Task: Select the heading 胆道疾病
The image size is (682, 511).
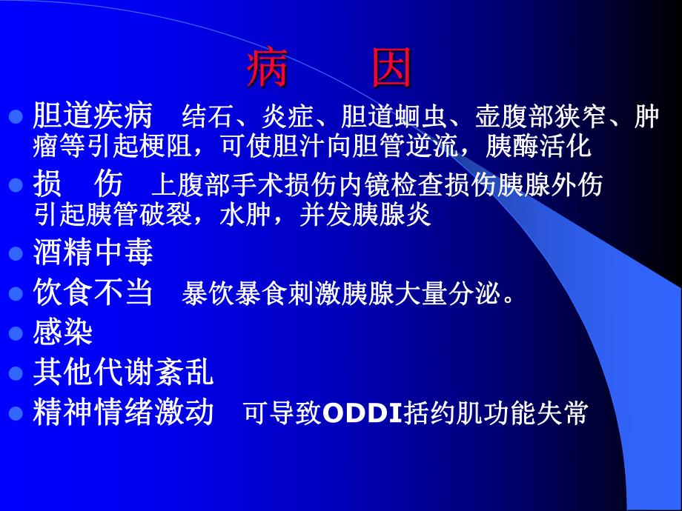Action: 93,116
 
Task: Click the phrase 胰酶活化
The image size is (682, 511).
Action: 549,146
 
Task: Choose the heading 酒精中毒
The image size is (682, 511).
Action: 93,253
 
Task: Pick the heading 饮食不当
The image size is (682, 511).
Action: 93,293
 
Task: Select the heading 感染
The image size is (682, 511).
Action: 63,333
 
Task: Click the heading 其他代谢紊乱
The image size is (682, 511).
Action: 123,373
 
